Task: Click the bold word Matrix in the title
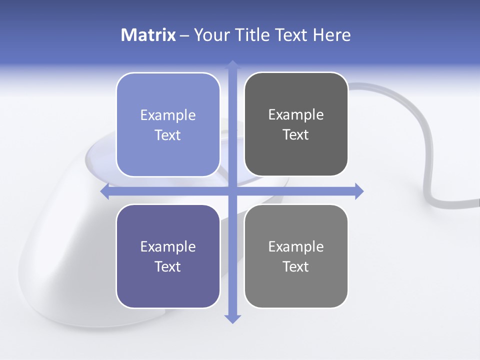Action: pos(148,35)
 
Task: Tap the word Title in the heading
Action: pos(253,35)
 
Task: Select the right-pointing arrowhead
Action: pos(358,191)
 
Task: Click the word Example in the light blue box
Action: pos(168,115)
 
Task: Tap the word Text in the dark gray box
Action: pos(296,135)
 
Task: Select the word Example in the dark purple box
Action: pos(168,246)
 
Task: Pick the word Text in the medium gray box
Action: pos(296,266)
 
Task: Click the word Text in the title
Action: pos(292,35)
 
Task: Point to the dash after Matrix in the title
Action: pos(185,36)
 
